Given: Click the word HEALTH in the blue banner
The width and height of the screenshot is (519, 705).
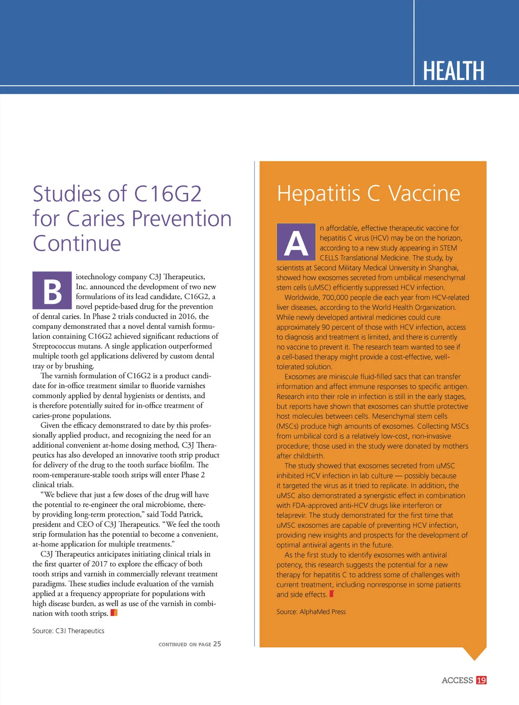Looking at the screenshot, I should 454,71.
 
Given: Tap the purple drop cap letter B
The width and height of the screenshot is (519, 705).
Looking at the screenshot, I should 52,291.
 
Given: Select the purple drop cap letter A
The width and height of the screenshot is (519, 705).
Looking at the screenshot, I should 296,242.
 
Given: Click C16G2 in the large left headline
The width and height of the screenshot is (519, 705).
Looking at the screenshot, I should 168,194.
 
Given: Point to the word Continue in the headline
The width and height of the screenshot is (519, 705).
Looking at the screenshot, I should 77,244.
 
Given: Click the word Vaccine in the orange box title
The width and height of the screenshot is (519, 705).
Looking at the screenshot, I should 424,193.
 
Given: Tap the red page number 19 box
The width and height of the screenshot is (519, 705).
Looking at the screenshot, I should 481,680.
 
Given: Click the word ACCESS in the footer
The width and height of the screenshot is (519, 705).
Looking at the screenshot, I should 457,680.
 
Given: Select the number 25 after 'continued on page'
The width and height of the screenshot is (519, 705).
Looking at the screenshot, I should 217,644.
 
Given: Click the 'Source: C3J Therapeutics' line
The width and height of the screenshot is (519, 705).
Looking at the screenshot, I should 68,631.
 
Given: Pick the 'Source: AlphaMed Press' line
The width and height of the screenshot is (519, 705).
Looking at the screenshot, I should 311,612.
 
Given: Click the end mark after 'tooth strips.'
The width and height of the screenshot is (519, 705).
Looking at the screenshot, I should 114,613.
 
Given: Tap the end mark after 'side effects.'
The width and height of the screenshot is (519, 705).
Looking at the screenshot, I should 332,594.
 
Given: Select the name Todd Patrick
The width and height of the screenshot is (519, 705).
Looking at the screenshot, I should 181,514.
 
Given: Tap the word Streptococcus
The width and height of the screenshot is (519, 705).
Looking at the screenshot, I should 54,346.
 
